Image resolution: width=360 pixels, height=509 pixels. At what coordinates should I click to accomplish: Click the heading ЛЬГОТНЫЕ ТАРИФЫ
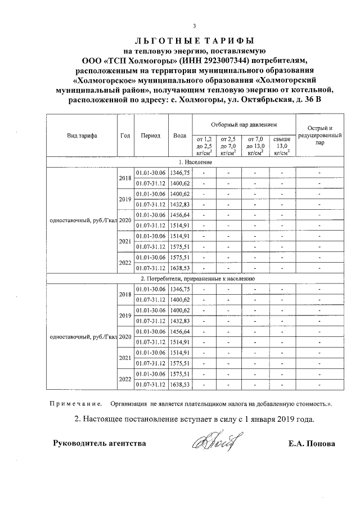pyautogui.click(x=194, y=40)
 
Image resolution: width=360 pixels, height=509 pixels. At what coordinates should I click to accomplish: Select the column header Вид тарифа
pyautogui.click(x=82, y=136)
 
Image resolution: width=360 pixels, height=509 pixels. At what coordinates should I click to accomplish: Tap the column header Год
pyautogui.click(x=125, y=136)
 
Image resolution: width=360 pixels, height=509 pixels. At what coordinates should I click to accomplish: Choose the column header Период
pyautogui.click(x=151, y=136)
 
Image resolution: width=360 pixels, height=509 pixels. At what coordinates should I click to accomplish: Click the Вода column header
pyautogui.click(x=180, y=136)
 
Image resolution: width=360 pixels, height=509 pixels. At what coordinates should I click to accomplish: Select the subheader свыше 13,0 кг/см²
pyautogui.click(x=282, y=145)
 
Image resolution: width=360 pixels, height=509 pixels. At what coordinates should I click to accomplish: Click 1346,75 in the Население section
pyautogui.click(x=181, y=173)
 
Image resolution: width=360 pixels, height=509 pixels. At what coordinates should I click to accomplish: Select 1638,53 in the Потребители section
pyautogui.click(x=181, y=384)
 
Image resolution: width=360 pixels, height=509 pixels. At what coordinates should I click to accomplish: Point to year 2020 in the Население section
pyautogui.click(x=125, y=220)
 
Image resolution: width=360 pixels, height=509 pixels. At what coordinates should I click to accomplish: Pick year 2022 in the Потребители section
pyautogui.click(x=125, y=379)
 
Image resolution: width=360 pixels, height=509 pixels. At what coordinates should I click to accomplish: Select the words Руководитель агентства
pyautogui.click(x=99, y=443)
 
